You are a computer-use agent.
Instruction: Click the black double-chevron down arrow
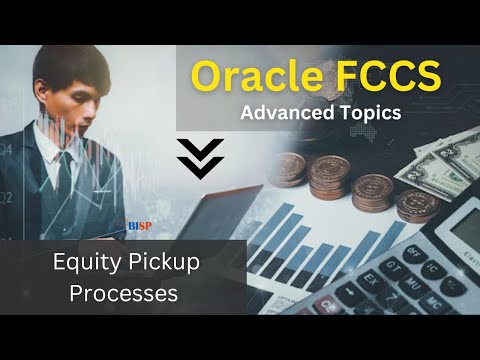[x=200, y=158]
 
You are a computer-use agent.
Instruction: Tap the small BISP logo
[x=138, y=226]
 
